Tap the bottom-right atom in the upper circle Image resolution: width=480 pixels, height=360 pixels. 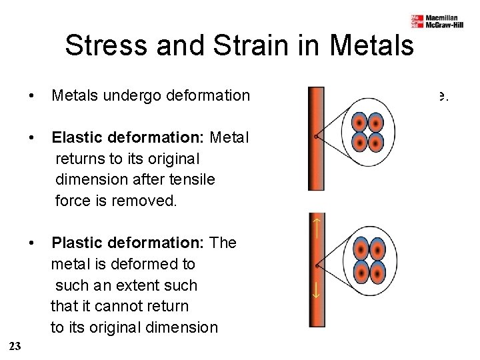tap(375, 143)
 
